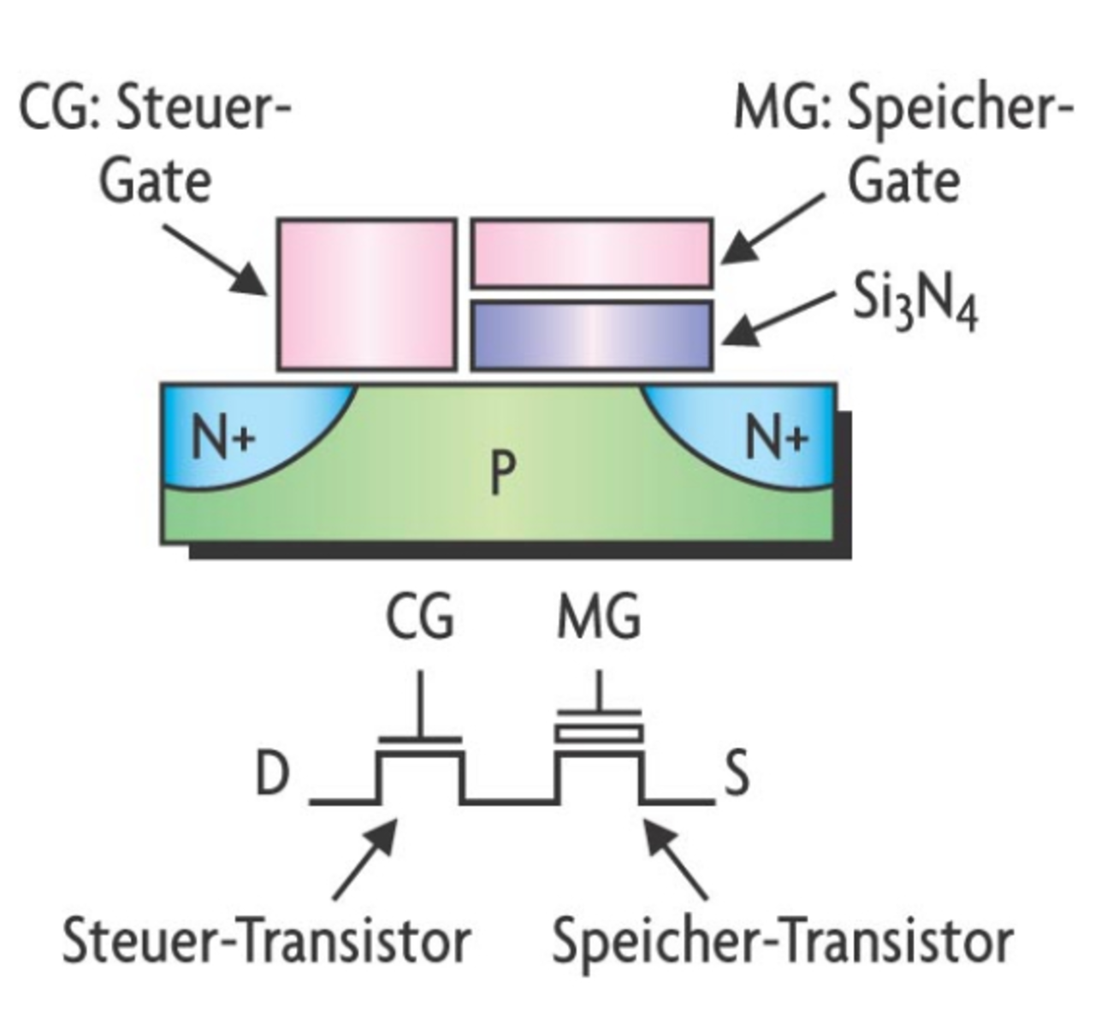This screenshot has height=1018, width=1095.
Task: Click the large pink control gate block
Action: pos(366,294)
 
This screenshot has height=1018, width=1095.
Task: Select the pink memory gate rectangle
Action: pos(592,253)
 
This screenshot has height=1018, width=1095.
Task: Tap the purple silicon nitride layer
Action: pos(592,335)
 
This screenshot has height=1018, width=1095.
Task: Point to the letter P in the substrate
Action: pos(503,473)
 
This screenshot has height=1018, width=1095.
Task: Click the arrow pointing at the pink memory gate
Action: pos(772,228)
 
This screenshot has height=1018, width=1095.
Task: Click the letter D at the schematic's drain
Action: pos(273,775)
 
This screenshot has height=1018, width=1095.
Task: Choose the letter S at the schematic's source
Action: pos(737,773)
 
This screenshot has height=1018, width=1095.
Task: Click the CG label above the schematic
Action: pos(419,617)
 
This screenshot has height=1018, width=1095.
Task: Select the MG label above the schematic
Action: pos(598,617)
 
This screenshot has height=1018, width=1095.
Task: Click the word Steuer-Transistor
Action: pos(266,940)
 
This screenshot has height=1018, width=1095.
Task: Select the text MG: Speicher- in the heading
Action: pos(903,110)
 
